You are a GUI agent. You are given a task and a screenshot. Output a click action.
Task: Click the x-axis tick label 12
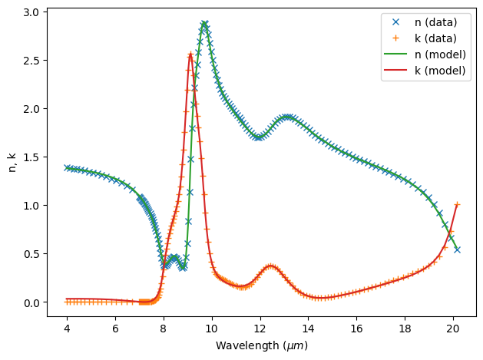pyautogui.click(x=260, y=329)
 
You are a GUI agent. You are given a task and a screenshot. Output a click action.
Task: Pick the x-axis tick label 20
pyautogui.click(x=454, y=329)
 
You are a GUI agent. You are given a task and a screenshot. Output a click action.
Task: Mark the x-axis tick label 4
pyautogui.click(x=67, y=329)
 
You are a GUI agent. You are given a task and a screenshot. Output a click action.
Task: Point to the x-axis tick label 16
pyautogui.click(x=357, y=329)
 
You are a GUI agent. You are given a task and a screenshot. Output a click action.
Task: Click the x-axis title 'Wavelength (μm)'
pyautogui.click(x=261, y=345)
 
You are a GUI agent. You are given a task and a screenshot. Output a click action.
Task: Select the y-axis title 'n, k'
pyautogui.click(x=12, y=157)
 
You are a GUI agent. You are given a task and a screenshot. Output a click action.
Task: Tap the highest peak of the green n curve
pyautogui.click(x=204, y=24)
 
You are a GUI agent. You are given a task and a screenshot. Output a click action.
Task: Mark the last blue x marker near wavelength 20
pyautogui.click(x=457, y=249)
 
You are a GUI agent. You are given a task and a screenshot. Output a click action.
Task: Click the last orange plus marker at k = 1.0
pyautogui.click(x=457, y=205)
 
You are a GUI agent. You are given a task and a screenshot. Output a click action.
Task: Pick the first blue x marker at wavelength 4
pyautogui.click(x=67, y=167)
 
